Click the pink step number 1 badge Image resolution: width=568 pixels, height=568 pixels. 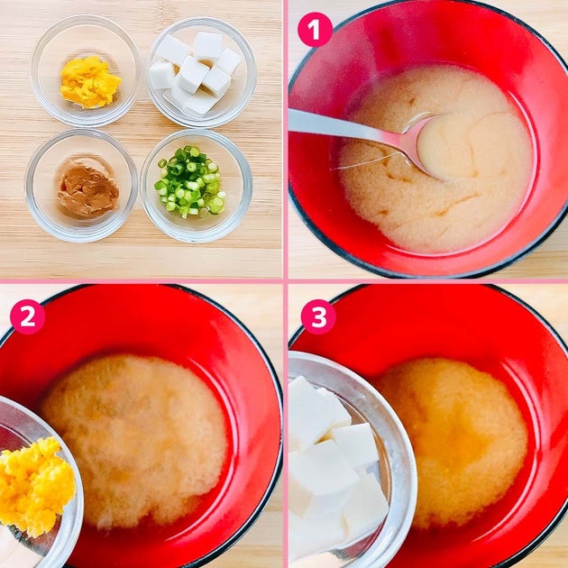pos(315,30)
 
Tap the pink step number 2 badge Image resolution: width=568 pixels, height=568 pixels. pos(28,316)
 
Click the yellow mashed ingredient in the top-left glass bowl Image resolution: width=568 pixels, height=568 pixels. pos(90,82)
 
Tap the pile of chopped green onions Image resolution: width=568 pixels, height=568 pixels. pos(190,181)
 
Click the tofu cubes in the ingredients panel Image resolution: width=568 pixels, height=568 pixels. pos(196,72)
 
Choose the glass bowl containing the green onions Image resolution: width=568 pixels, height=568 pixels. pos(196,186)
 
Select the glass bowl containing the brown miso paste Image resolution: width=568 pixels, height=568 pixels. pos(81,185)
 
